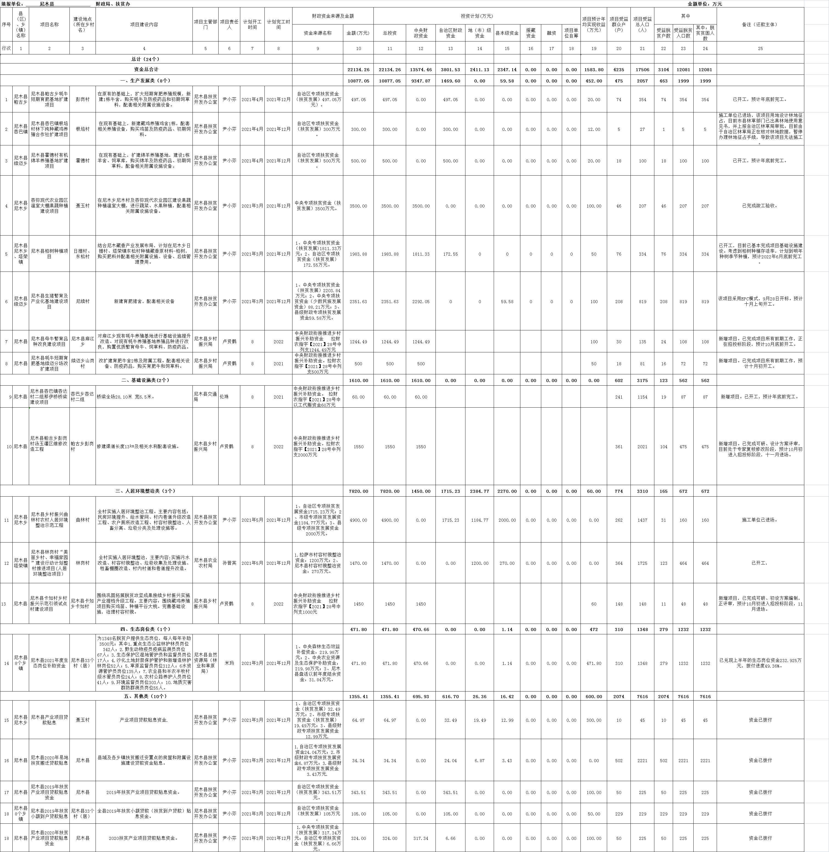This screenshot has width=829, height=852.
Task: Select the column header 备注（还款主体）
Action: [x=760, y=25]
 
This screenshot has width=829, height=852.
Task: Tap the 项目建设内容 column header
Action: [x=144, y=25]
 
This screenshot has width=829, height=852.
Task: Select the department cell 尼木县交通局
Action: [x=205, y=397]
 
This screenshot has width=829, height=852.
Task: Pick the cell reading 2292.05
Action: [x=421, y=301]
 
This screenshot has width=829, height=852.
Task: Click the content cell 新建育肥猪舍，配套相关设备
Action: [x=144, y=301]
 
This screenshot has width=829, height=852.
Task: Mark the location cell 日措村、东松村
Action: [x=83, y=254]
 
